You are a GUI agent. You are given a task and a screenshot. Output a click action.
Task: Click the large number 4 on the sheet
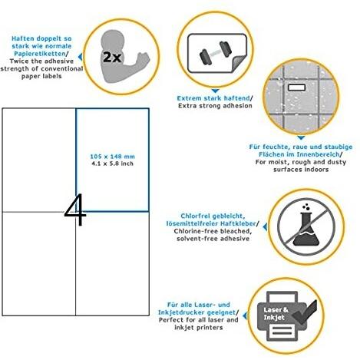pyautogui.click(x=76, y=210)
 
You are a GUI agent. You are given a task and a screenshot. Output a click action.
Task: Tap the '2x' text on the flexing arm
pyautogui.click(x=112, y=57)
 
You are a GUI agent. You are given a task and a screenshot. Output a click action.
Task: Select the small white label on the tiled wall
pyautogui.click(x=296, y=88)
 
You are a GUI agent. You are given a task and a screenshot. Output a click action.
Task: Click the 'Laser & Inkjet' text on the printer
pyautogui.click(x=276, y=313)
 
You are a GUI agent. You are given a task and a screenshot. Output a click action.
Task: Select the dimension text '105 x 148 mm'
pyautogui.click(x=112, y=157)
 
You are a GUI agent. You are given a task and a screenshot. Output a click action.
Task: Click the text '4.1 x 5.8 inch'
pyautogui.click(x=112, y=163)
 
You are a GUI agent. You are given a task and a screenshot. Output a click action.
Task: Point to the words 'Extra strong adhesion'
pyautogui.click(x=215, y=106)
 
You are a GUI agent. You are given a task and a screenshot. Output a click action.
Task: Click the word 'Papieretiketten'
pyautogui.click(x=40, y=54)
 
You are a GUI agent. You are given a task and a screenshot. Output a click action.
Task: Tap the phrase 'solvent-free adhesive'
pyautogui.click(x=213, y=239)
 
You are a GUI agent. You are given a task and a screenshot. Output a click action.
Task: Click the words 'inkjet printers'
pyautogui.click(x=199, y=328)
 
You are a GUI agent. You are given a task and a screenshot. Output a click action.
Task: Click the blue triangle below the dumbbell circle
pyautogui.click(x=215, y=91)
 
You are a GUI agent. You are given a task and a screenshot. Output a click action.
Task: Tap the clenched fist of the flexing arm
pyautogui.click(x=143, y=58)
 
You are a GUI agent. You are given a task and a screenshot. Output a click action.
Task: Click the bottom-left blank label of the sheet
pyautogui.click(x=39, y=263)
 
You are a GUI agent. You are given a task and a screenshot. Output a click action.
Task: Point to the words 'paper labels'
pyautogui.click(x=41, y=76)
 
